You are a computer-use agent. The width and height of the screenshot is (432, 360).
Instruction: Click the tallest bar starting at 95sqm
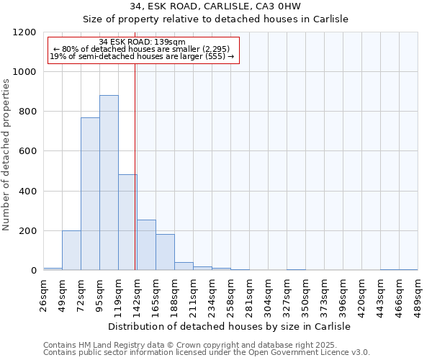(109, 183)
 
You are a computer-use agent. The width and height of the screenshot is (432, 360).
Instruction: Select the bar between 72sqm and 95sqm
(90, 194)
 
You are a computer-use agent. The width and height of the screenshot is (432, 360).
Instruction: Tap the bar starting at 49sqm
(71, 251)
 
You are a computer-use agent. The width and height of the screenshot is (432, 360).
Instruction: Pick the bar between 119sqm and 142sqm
(127, 222)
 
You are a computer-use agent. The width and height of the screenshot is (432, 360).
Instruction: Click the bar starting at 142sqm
(146, 245)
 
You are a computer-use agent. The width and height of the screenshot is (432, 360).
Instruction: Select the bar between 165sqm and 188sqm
(165, 252)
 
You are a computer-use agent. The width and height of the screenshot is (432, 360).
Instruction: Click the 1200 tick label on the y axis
(25, 32)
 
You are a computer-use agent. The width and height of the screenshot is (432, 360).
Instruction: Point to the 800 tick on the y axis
(28, 112)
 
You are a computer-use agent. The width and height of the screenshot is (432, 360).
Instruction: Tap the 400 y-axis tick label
(28, 192)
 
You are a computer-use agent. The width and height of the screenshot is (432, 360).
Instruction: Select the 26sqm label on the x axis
(43, 294)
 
